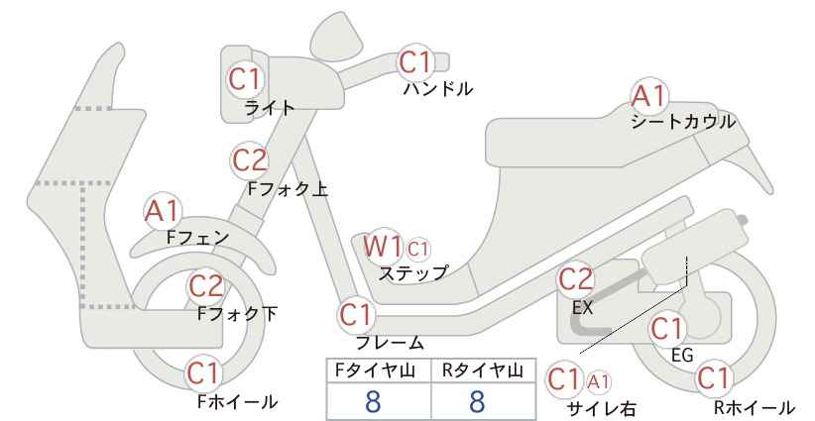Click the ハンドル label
pyautogui.click(x=438, y=89)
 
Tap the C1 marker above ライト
pyautogui.click(x=244, y=79)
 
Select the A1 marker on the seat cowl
pyautogui.click(x=648, y=95)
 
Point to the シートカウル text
pyautogui.click(x=683, y=122)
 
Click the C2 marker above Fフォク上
pyautogui.click(x=250, y=159)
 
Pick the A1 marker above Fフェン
pyautogui.click(x=163, y=211)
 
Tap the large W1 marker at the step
pyautogui.click(x=383, y=246)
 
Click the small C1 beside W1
pyautogui.click(x=417, y=250)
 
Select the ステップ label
pyautogui.click(x=413, y=273)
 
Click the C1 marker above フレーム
pyautogui.click(x=357, y=315)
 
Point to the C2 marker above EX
pyautogui.click(x=575, y=279)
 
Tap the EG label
pyautogui.click(x=682, y=356)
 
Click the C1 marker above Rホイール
pyautogui.click(x=714, y=378)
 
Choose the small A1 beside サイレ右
pyautogui.click(x=599, y=382)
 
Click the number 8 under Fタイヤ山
pyautogui.click(x=373, y=401)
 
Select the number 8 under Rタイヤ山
pyautogui.click(x=477, y=401)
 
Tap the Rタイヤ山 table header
pyautogui.click(x=483, y=370)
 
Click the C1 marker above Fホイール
pyautogui.click(x=204, y=372)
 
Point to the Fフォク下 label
pyautogui.click(x=238, y=314)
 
